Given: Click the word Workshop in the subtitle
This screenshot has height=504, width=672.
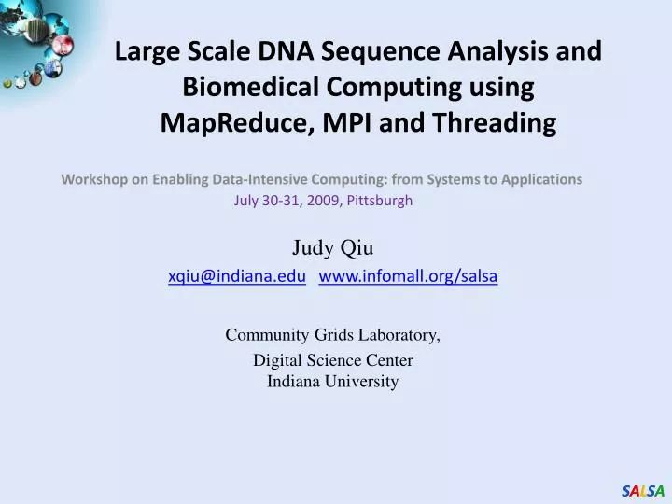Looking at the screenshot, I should tap(92, 178).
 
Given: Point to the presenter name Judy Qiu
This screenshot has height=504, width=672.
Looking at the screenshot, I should tap(333, 247).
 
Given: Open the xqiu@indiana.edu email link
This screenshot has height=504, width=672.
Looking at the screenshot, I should tap(237, 275).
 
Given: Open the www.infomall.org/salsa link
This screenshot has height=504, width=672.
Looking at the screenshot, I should tap(408, 275).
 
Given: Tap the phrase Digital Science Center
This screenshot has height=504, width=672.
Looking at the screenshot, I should tap(333, 360).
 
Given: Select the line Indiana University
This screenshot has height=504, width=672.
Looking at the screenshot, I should tap(333, 381).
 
